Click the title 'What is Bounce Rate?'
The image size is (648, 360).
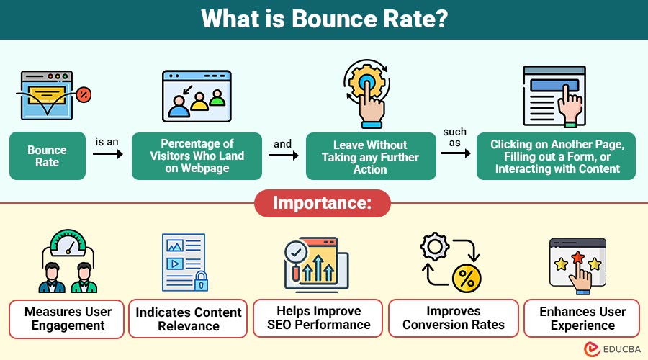[324, 19]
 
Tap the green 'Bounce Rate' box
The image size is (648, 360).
[47, 156]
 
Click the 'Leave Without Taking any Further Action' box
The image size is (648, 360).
[371, 156]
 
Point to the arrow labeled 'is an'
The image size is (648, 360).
[108, 154]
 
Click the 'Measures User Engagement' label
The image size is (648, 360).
[68, 318]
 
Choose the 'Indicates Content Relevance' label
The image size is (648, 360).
[188, 319]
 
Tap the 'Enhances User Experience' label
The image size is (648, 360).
[582, 318]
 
